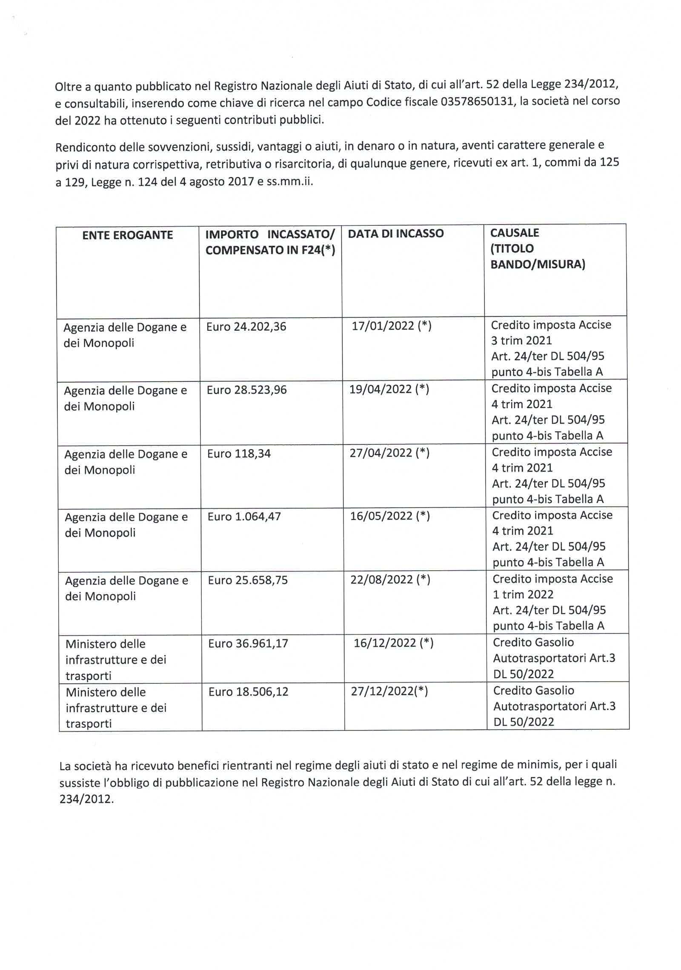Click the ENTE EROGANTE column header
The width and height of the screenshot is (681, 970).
coord(127,235)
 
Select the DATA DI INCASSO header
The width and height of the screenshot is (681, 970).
coord(395,233)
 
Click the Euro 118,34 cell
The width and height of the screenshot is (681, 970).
coord(239,454)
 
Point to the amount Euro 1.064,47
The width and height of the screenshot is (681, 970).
coord(244,517)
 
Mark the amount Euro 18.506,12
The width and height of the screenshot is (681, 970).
coord(248,692)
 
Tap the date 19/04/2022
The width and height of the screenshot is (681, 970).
coord(381,389)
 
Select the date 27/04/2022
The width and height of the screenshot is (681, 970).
coord(381,453)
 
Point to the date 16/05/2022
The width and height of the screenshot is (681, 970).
coord(381,516)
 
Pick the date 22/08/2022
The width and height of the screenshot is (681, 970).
coord(382,580)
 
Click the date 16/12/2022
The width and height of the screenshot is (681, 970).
coord(385,643)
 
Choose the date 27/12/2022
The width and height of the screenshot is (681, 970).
coord(382,691)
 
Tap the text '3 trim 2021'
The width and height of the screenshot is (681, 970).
coord(521,341)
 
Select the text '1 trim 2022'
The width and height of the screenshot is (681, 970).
coord(523,595)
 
